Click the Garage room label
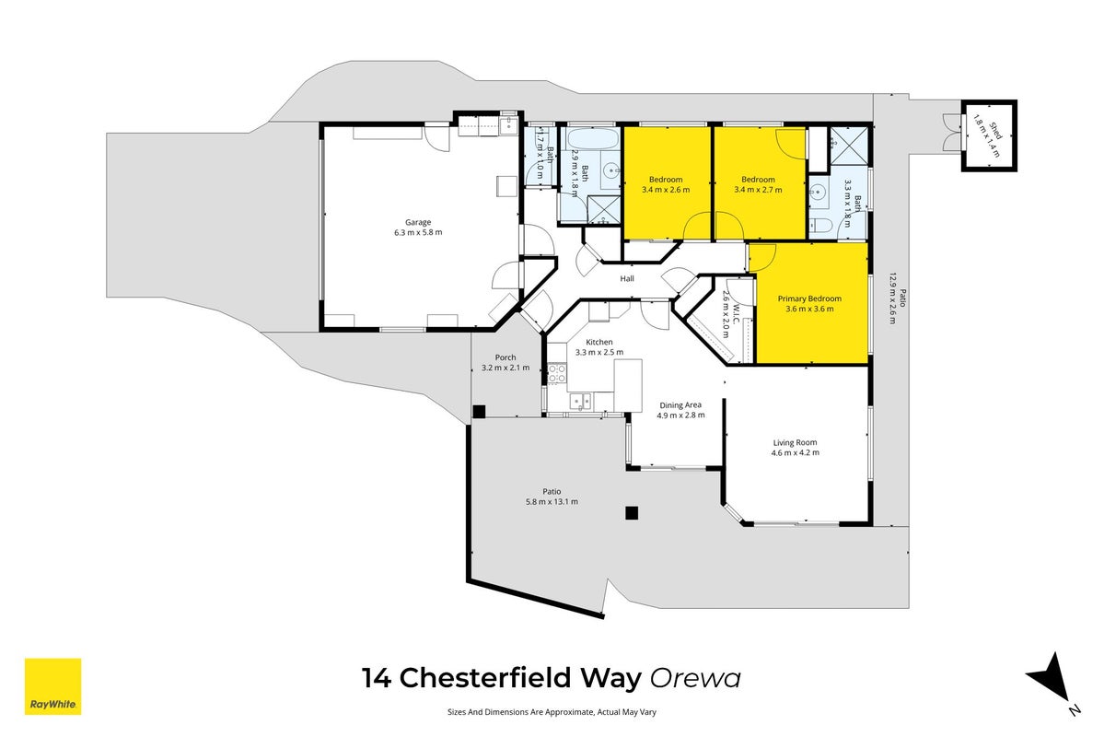[417, 223]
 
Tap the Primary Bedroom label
[809, 298]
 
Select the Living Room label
[795, 443]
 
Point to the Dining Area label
[680, 405]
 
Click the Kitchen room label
[599, 343]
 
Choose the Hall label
[627, 279]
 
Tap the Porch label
[505, 358]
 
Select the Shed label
[995, 132]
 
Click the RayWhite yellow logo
[52, 686]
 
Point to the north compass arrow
[1049, 678]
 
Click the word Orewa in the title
[695, 679]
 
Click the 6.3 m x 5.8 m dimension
[417, 232]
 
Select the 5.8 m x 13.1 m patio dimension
[552, 502]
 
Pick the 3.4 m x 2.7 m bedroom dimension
[758, 190]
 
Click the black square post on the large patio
[632, 513]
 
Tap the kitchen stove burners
[556, 373]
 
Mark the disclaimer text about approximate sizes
[552, 712]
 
